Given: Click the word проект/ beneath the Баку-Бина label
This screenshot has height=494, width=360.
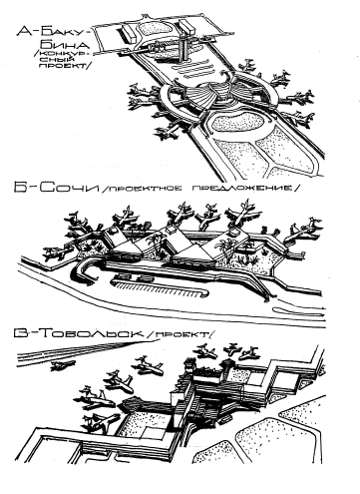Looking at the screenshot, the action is (x=64, y=66).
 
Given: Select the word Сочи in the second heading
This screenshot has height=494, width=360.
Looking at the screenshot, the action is (x=69, y=188).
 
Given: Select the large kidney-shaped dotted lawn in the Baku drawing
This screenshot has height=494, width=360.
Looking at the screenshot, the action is (x=239, y=122).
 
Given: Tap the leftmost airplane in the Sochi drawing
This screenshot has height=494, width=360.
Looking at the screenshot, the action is (x=56, y=254).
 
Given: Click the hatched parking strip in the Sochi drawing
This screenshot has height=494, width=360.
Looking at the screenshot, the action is (x=159, y=288).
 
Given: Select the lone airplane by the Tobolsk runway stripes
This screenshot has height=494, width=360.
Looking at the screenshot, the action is (x=62, y=365).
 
